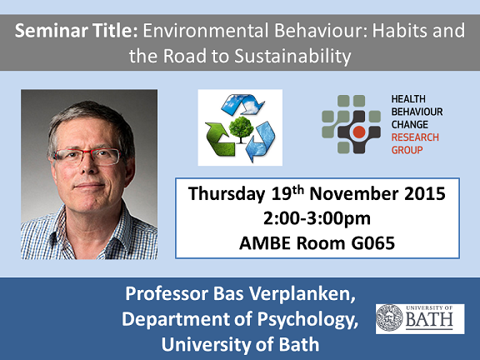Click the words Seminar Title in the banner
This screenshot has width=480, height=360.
pos(76,31)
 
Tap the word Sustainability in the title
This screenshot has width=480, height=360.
pos(292,57)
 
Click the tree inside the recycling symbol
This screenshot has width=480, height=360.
pos(241,129)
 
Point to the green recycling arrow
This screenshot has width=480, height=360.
pos(219,138)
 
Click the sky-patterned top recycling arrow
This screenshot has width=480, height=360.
pos(242,103)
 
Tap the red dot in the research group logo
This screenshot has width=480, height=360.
pos(359,132)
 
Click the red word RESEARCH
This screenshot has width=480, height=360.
pos(415,137)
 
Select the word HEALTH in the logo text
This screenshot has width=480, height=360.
pos(408,99)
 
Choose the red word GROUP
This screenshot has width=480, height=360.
pos(407,150)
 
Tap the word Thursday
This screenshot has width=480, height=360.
pos(227,194)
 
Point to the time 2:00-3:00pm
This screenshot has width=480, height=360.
pos(317,219)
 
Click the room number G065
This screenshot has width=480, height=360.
pos(372,243)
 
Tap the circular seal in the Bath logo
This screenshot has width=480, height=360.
pos(389,317)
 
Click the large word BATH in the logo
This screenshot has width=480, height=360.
pos(429,320)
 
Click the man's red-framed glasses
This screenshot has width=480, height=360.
pos(87,157)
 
